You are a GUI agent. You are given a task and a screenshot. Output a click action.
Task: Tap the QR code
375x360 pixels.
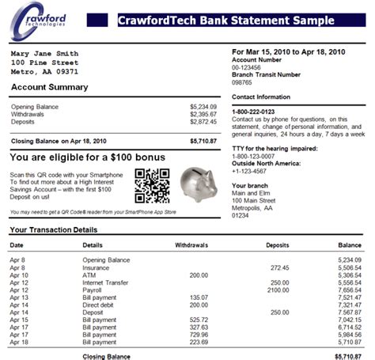[151, 186]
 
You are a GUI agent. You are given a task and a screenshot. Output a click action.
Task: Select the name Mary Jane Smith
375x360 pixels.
[44, 54]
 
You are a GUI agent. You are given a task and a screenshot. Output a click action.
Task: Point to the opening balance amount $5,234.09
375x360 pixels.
[203, 105]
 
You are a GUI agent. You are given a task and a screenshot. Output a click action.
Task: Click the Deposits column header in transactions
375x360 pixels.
[277, 244]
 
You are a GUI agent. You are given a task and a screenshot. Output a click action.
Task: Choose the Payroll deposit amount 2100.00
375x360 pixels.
[279, 290]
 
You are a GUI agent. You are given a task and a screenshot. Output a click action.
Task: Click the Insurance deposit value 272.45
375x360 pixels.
[280, 267]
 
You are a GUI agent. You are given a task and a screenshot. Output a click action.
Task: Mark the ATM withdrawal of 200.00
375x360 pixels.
[199, 275]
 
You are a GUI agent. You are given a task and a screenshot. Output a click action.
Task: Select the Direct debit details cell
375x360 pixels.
[100, 305]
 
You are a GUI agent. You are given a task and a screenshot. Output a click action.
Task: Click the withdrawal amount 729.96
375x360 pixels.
[199, 335]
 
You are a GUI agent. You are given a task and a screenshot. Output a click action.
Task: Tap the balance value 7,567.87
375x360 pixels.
[349, 312]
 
